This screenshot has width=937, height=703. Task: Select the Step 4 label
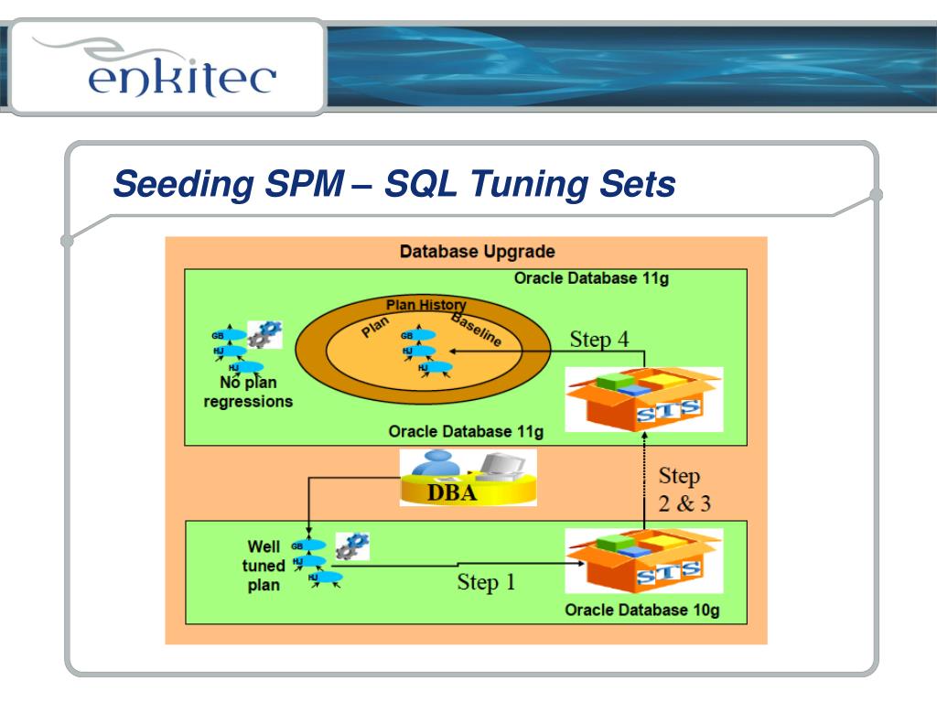point(599,340)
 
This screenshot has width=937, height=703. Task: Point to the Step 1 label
point(486,582)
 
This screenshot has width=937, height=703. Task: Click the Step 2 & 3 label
point(684,490)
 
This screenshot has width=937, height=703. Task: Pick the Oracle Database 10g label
point(642,611)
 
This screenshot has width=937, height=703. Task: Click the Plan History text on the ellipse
point(425,306)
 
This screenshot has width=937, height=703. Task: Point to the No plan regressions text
point(248,392)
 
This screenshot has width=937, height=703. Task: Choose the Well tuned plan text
point(264,566)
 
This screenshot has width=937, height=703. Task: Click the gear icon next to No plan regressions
point(264,334)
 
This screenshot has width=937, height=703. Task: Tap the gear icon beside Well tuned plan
point(351,546)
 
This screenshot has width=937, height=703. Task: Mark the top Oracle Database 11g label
point(591,278)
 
